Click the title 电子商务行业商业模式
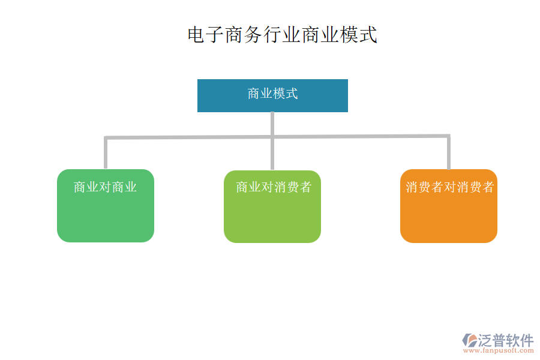coord(282,35)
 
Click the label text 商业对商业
coord(106,187)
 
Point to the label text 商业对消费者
coord(274,187)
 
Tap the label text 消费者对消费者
coord(449,187)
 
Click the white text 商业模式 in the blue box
coord(272,94)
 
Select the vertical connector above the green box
coord(106,154)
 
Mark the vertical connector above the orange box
coord(448,153)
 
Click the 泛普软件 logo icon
coord(469,340)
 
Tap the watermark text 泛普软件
coord(505,340)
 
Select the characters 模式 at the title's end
coord(358,35)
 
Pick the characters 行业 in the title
coord(282,35)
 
